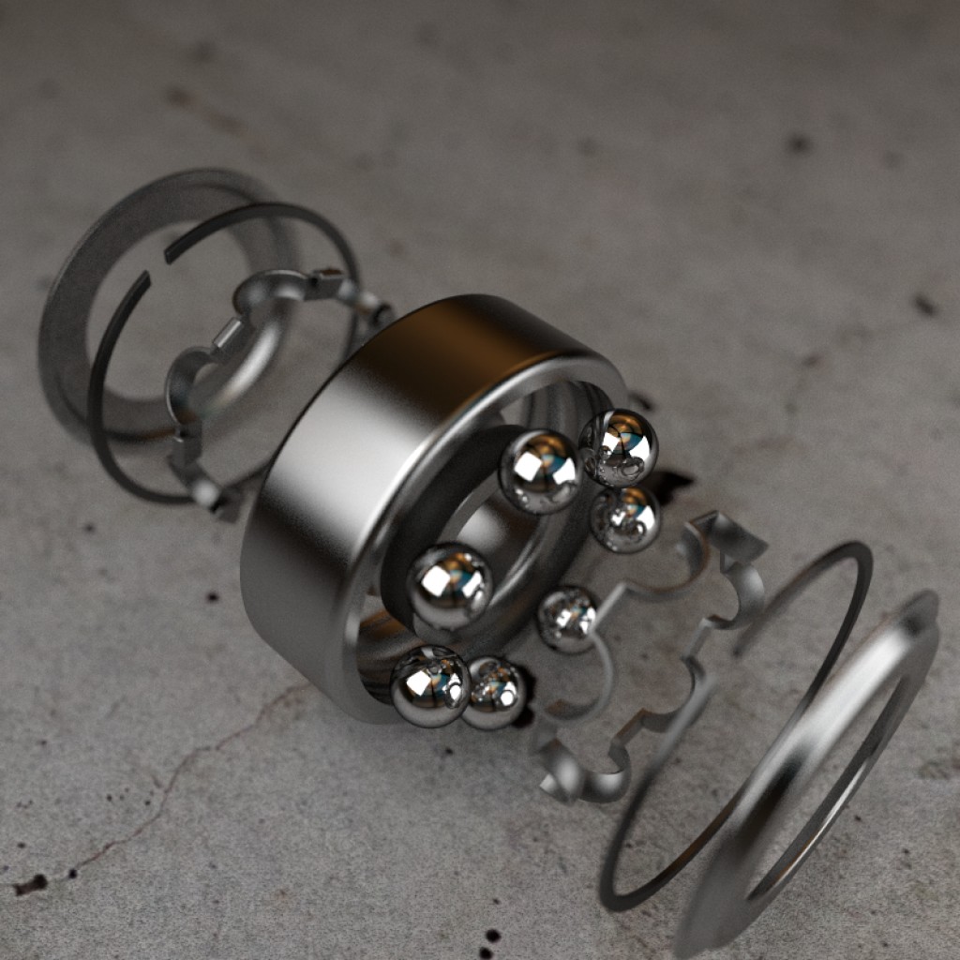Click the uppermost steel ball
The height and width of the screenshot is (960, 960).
tap(619, 447)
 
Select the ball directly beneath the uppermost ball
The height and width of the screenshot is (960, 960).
tap(625, 518)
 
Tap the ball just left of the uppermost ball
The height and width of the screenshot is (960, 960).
tap(541, 472)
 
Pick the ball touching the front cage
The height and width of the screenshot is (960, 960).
tap(567, 619)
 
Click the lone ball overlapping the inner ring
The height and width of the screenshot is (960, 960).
tap(449, 586)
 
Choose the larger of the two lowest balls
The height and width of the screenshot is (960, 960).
tap(430, 686)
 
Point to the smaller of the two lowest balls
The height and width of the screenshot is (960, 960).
tap(496, 693)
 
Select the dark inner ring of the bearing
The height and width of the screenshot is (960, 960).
tap(412, 525)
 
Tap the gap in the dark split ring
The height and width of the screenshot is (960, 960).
tap(157, 264)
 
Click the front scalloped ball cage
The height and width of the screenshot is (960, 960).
tap(712, 600)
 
